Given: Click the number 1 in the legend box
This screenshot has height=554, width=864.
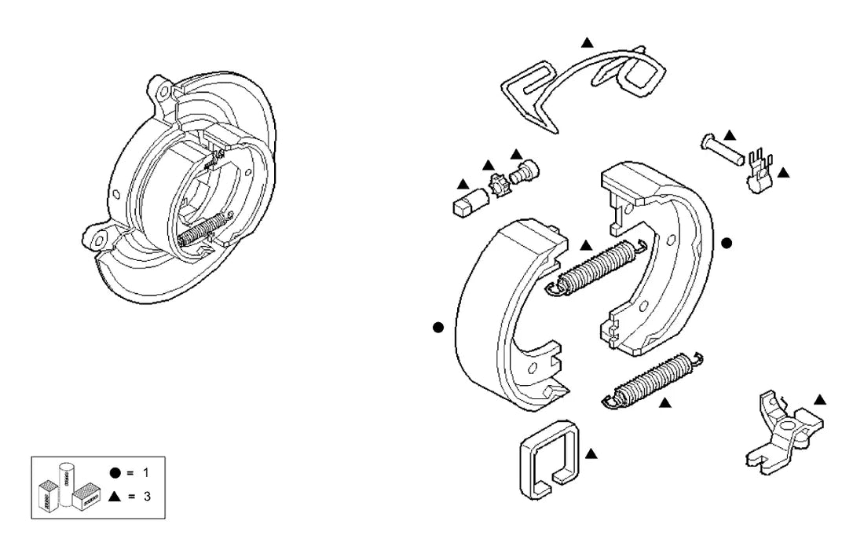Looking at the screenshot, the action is coord(146,473).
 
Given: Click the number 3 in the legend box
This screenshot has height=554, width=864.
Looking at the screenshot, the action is coord(147,496).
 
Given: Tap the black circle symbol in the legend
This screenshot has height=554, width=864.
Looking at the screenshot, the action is coord(115,473).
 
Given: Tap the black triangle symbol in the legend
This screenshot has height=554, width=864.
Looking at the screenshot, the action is coord(115,496).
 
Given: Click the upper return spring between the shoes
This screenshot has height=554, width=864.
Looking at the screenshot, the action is coord(596,267).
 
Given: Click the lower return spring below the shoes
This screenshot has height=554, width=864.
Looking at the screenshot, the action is coord(651,380).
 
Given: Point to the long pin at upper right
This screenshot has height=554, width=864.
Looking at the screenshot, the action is coord(723,149).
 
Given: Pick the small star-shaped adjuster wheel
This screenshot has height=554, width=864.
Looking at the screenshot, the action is coord(500,185).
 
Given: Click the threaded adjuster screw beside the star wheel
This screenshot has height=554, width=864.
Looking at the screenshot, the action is coord(524,172).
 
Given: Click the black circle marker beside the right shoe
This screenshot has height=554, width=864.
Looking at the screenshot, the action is coord(727,243).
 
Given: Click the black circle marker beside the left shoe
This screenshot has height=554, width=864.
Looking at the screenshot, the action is coord(438,328).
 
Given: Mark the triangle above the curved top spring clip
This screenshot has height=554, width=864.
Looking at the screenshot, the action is coord(588,42).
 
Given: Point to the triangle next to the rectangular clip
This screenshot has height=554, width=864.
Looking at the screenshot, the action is coord(591,454).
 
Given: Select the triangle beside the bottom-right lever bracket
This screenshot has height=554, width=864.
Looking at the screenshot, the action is coord(819,400).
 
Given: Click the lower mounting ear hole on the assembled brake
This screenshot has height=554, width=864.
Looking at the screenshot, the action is coord(99,240).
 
